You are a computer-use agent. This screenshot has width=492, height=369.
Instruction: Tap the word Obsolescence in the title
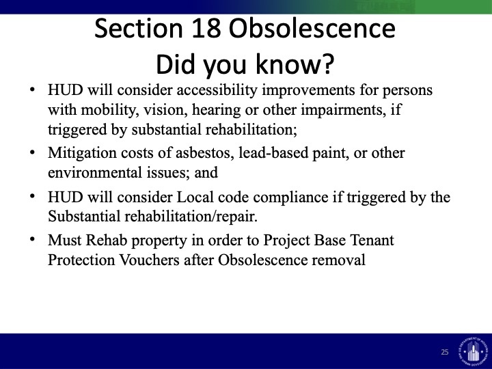point(312,28)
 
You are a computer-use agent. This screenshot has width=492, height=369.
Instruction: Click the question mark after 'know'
point(327,64)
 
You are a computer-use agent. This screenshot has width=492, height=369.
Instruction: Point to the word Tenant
point(372,241)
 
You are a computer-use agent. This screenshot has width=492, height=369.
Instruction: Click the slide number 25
point(445,352)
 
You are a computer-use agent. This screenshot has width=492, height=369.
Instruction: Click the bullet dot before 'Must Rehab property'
point(32,240)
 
